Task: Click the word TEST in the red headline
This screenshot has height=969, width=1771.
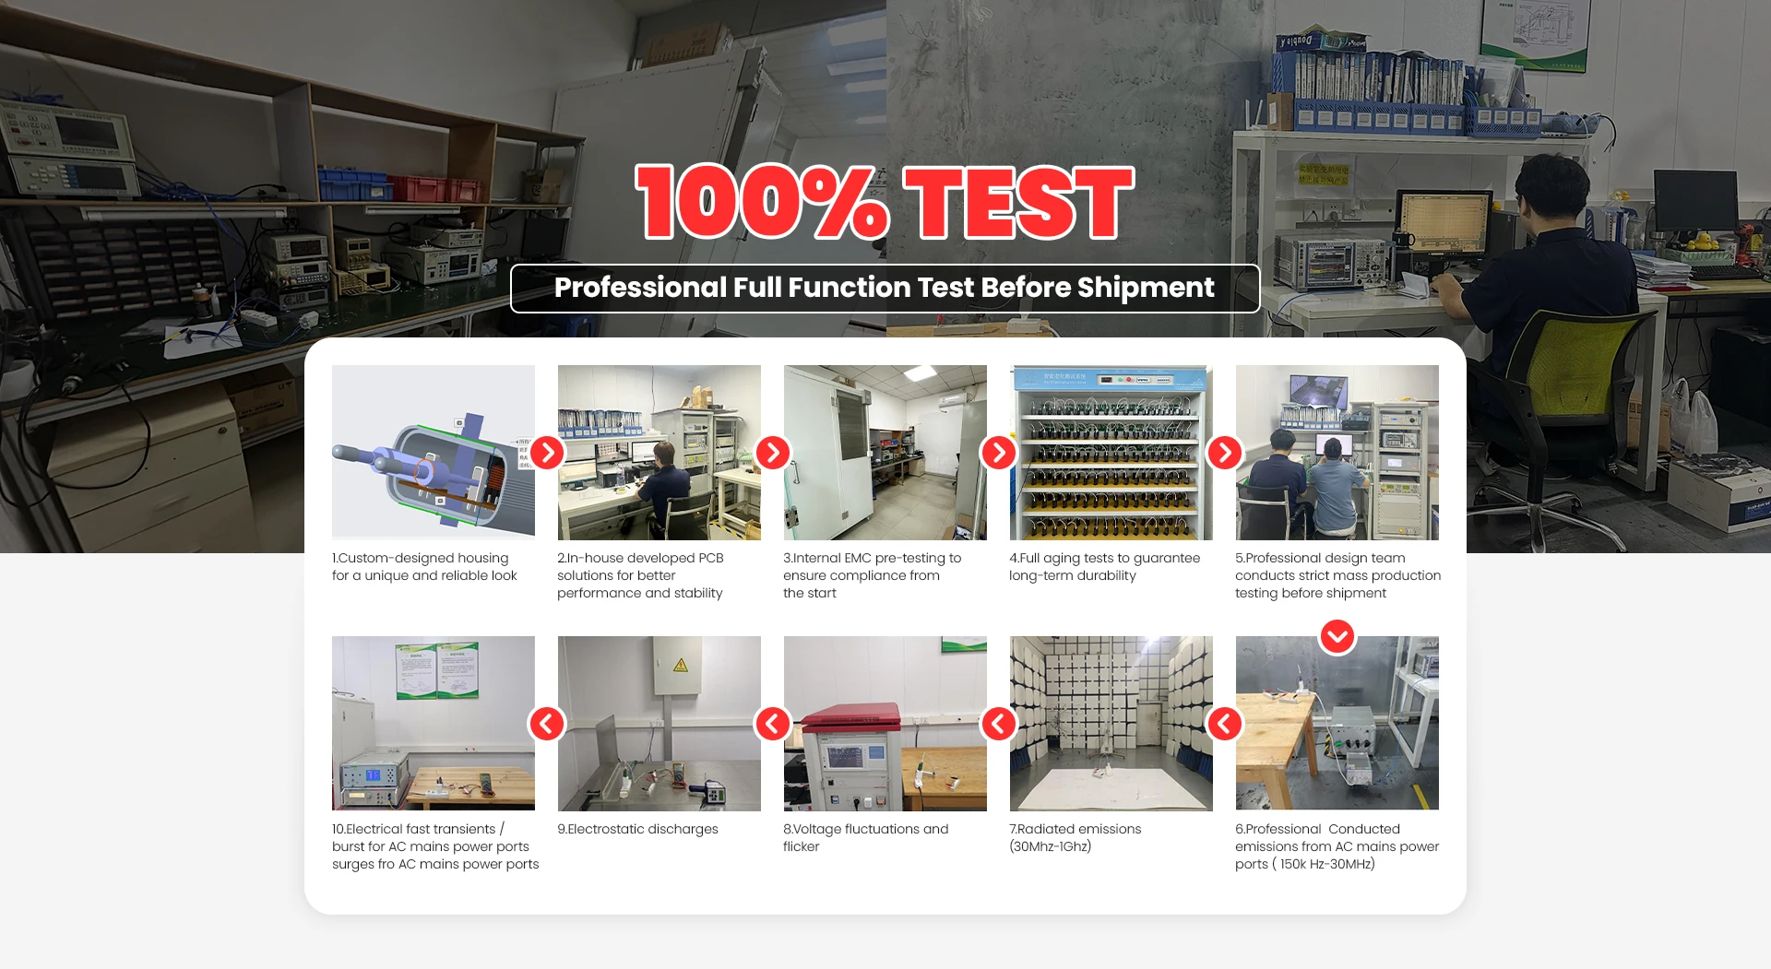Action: pyautogui.click(x=1018, y=202)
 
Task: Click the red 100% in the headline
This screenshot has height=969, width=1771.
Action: pyautogui.click(x=763, y=202)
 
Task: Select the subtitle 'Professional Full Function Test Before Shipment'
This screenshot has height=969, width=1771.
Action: pyautogui.click(x=885, y=288)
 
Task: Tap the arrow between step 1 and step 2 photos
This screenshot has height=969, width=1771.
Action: pyautogui.click(x=547, y=453)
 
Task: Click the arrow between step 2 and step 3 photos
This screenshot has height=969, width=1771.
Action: pyautogui.click(x=773, y=453)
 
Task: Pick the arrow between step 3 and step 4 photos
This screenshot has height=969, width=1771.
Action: pyautogui.click(x=999, y=453)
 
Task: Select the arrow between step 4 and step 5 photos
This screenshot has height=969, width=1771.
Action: pyautogui.click(x=1225, y=453)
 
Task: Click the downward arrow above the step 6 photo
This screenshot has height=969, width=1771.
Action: pyautogui.click(x=1337, y=636)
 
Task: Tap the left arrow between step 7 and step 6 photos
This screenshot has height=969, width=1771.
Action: pyautogui.click(x=1225, y=724)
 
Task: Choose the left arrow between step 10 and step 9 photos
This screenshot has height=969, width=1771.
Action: pyautogui.click(x=547, y=724)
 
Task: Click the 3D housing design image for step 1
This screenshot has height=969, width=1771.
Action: pyautogui.click(x=434, y=452)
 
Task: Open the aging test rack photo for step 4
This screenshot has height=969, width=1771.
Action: pyautogui.click(x=1111, y=452)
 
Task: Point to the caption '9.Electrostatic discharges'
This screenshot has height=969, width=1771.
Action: pyautogui.click(x=637, y=829)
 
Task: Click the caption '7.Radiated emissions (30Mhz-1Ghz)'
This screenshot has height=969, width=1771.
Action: pyautogui.click(x=1076, y=837)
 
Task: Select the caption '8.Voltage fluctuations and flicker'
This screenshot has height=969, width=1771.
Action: pyautogui.click(x=865, y=837)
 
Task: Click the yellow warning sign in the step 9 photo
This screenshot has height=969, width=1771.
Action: pyautogui.click(x=681, y=665)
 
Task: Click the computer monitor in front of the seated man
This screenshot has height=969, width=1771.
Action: pyautogui.click(x=1443, y=222)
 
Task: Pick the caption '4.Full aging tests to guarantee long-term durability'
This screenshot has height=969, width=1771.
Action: pyautogui.click(x=1104, y=566)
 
